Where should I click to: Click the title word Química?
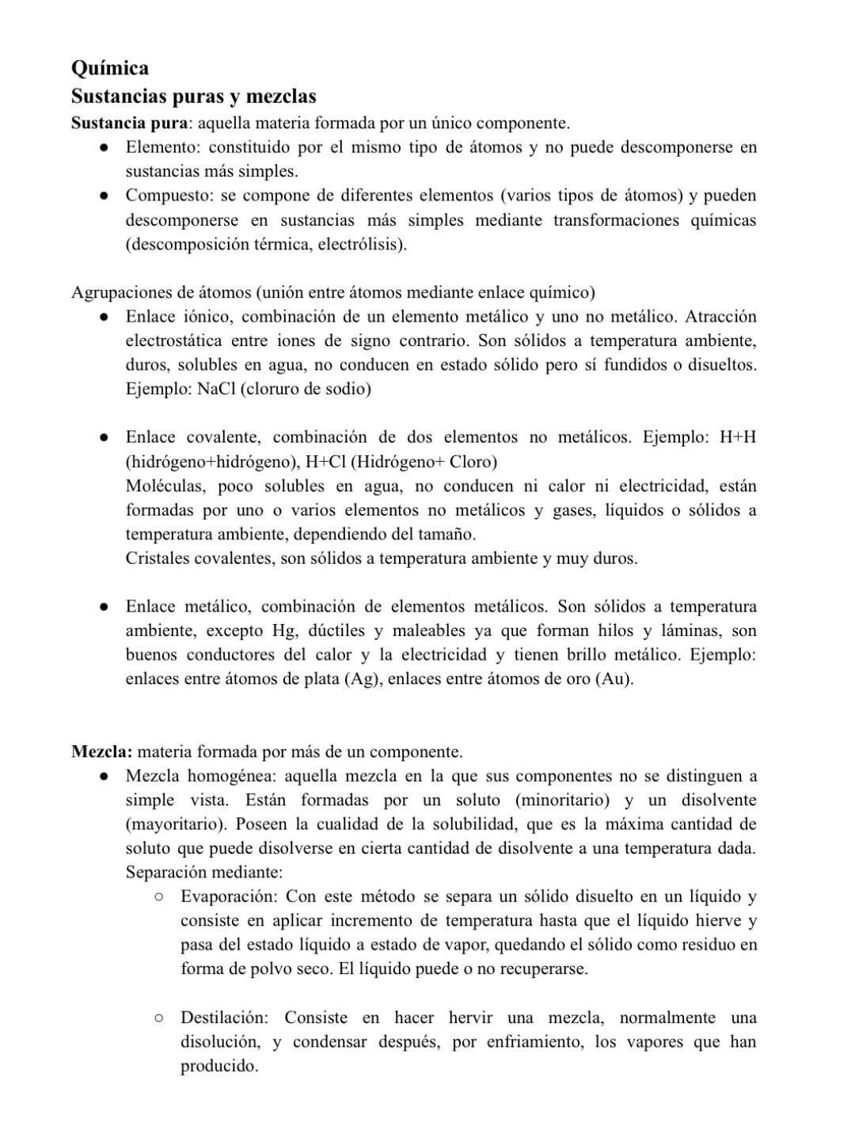pos(109,68)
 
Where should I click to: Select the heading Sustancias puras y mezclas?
pos(193,97)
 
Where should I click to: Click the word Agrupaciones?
pos(120,293)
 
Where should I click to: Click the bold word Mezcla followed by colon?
pos(101,752)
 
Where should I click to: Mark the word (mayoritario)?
pos(176,824)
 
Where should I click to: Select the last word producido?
pos(219,1067)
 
